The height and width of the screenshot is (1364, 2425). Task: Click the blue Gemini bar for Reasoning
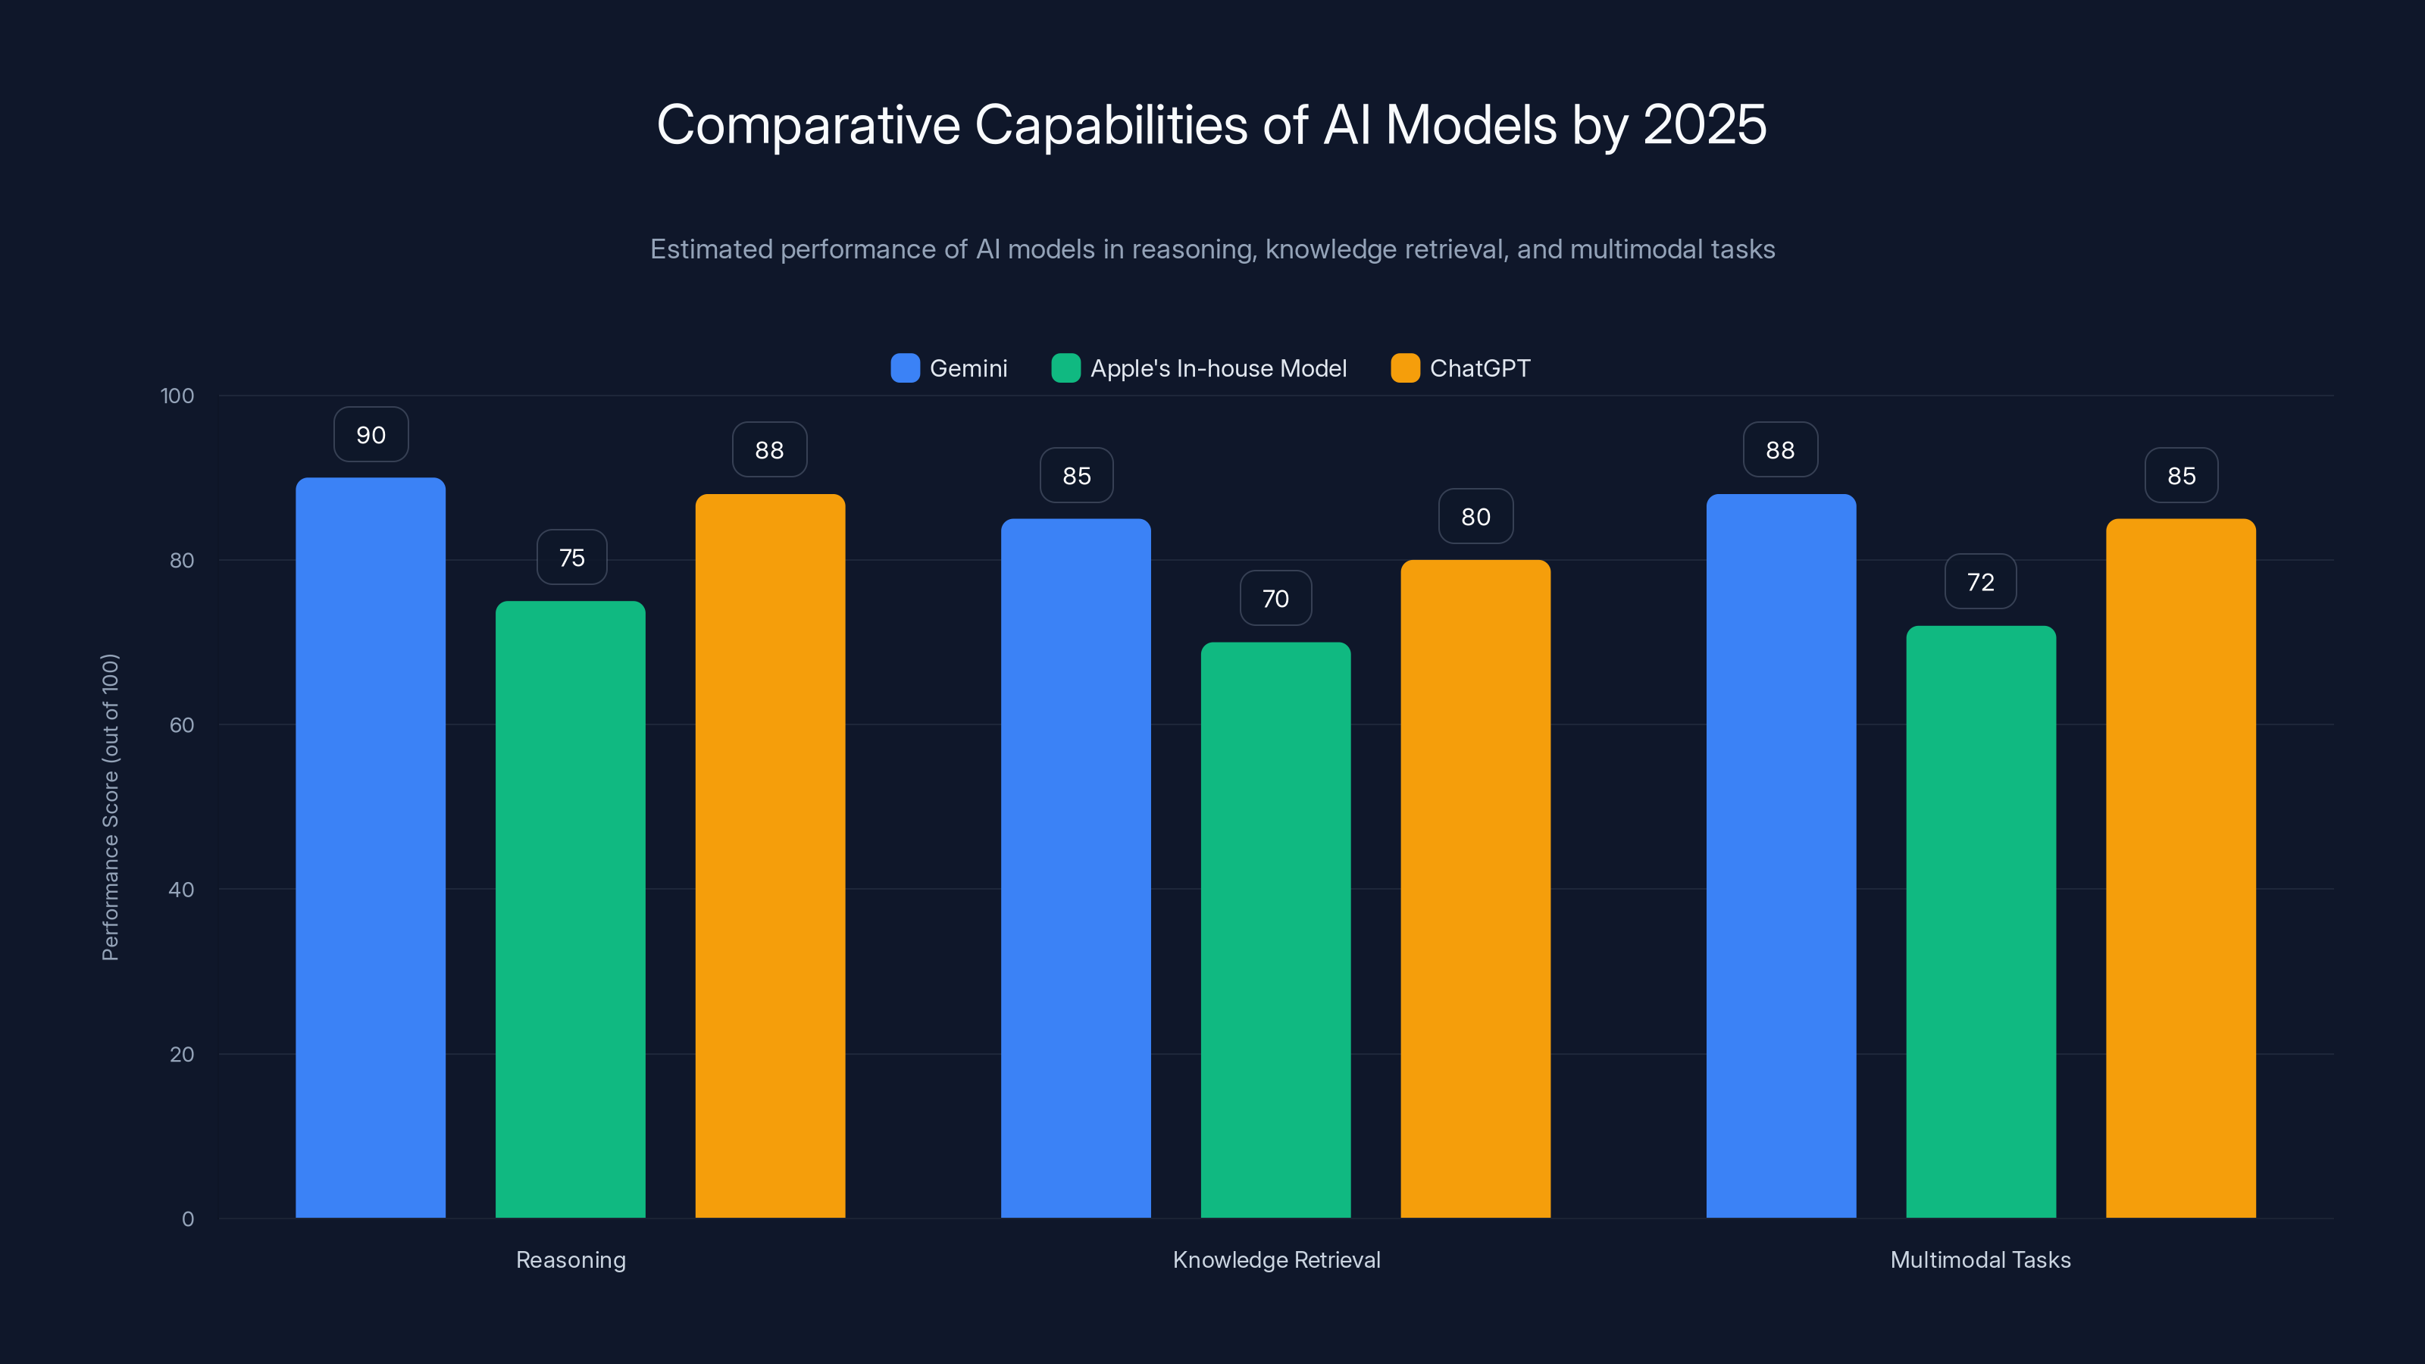tap(370, 847)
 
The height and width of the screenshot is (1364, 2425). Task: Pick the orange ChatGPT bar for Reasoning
tap(770, 856)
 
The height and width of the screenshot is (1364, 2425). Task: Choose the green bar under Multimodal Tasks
tap(1981, 921)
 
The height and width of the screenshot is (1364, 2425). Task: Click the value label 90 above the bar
tap(371, 435)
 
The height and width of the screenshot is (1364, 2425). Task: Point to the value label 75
tap(571, 558)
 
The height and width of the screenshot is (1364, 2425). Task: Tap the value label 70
tap(1275, 599)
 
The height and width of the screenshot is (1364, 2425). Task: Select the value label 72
tap(1981, 583)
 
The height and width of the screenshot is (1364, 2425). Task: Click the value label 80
tap(1475, 517)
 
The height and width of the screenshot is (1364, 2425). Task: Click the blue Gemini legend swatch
tap(905, 368)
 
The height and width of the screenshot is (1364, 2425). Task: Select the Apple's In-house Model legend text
tap(1218, 368)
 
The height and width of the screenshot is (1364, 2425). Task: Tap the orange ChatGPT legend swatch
tap(1404, 368)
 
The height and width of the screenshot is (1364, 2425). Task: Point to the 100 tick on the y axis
tap(177, 396)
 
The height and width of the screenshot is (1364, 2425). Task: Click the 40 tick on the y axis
tap(182, 890)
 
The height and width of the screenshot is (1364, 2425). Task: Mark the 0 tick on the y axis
tap(187, 1219)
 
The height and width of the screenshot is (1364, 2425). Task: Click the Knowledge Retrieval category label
tap(1275, 1259)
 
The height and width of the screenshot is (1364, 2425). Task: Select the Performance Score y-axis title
tap(110, 807)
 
